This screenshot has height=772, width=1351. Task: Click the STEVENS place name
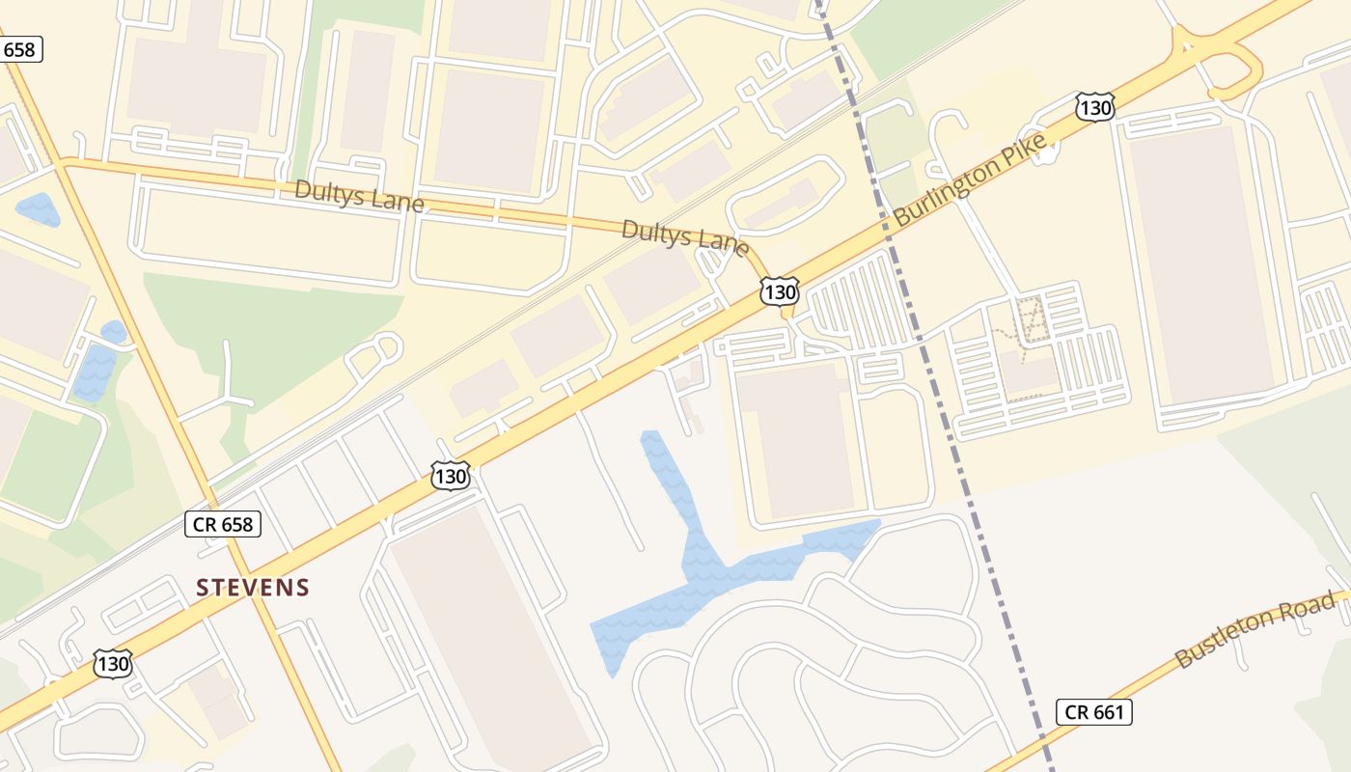tap(253, 587)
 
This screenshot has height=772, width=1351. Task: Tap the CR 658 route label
tap(223, 524)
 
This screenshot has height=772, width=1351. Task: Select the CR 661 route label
tap(1093, 712)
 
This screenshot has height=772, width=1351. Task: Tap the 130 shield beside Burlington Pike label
tap(1095, 106)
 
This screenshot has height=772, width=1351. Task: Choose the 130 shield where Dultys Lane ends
tap(779, 291)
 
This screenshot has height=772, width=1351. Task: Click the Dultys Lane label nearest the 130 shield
tap(684, 236)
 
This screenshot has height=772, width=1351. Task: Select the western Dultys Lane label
tap(359, 195)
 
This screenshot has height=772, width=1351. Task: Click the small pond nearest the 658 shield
tap(38, 208)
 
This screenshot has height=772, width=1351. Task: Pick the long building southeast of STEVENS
tap(492, 637)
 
